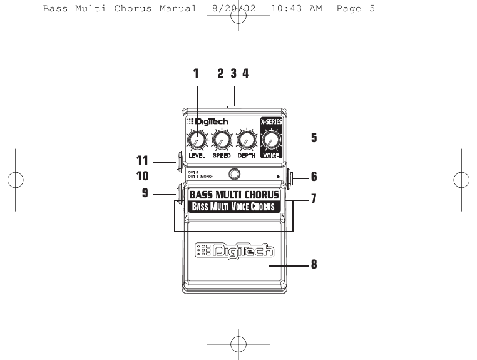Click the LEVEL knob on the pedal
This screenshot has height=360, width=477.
click(x=197, y=139)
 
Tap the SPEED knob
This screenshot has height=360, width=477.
click(x=221, y=139)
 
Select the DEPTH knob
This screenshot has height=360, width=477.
click(x=246, y=139)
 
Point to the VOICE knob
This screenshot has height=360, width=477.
click(x=272, y=140)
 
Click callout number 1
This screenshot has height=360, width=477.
click(x=196, y=73)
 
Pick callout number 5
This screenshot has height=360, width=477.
click(x=314, y=138)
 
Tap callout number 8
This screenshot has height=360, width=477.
click(x=314, y=265)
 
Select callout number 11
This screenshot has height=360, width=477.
click(x=144, y=160)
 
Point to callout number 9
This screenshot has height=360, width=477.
click(x=145, y=193)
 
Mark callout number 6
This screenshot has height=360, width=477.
click(x=314, y=177)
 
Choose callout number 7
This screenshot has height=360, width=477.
click(x=314, y=199)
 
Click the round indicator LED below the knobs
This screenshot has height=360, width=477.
click(x=234, y=175)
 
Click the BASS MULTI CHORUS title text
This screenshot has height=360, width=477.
click(x=234, y=195)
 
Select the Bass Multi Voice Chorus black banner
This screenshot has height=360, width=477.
click(x=234, y=207)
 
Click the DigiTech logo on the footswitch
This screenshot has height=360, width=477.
click(x=234, y=251)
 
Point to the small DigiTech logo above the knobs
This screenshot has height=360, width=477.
click(x=207, y=121)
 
